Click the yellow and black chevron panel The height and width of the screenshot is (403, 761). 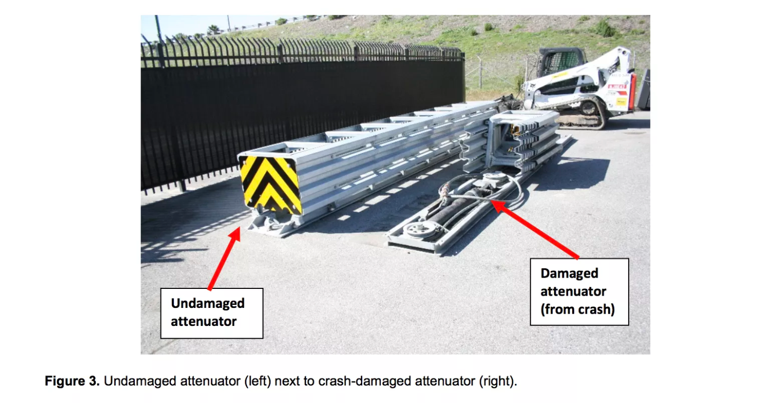point(270,185)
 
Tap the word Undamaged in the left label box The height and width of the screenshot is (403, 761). point(207,303)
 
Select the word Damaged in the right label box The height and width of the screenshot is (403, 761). point(570,273)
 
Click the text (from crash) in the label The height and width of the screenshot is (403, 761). point(577,309)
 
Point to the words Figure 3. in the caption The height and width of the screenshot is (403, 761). point(72,381)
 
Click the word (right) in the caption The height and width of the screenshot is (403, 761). point(498,381)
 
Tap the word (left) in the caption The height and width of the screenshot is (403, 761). point(257,381)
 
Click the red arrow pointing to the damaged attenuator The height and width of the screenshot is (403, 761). point(535,229)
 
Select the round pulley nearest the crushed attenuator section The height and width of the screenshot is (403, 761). point(494,177)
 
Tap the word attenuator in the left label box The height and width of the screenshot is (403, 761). point(204,321)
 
